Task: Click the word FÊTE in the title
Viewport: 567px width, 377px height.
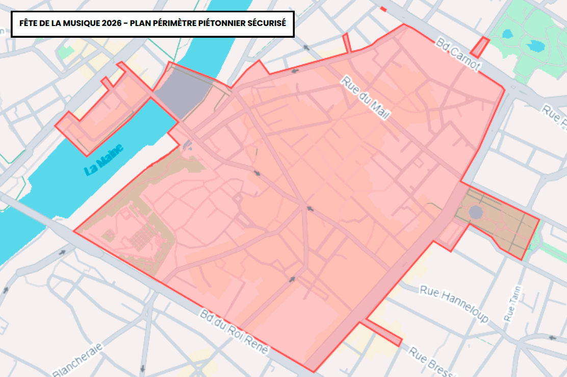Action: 28,23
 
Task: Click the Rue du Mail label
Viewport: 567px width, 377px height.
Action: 365,98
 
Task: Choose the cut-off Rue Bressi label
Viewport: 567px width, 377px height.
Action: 431,362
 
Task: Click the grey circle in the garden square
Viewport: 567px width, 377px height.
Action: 476,212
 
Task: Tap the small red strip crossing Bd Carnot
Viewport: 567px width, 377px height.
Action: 479,47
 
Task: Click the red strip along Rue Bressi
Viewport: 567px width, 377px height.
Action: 382,333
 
